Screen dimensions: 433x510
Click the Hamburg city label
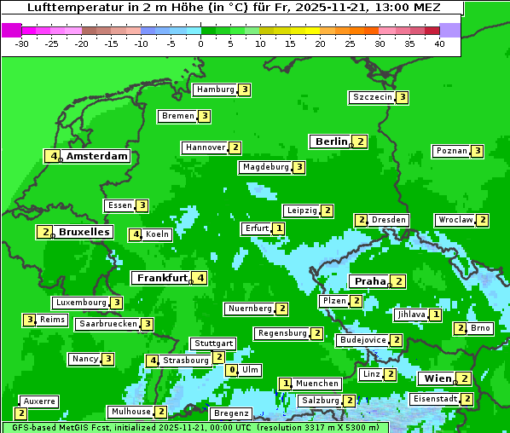click(214, 89)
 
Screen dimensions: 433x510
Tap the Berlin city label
click(331, 141)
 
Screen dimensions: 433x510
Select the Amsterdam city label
click(96, 156)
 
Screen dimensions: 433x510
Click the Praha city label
click(370, 281)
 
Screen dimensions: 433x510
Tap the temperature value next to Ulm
click(232, 370)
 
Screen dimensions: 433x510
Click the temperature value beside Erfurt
click(279, 228)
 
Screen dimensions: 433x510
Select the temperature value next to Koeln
click(135, 234)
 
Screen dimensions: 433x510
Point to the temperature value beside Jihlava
click(436, 315)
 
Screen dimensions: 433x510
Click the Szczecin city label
click(373, 97)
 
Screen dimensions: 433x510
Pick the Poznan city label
click(451, 152)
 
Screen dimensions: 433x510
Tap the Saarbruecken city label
click(107, 324)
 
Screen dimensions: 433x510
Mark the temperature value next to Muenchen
click(286, 384)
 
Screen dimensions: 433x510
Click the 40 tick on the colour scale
click(438, 43)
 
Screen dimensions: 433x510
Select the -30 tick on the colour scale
click(22, 43)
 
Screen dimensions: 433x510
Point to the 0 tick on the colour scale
click(200, 43)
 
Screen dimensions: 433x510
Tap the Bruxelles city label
click(84, 232)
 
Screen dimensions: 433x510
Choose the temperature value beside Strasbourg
click(153, 361)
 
